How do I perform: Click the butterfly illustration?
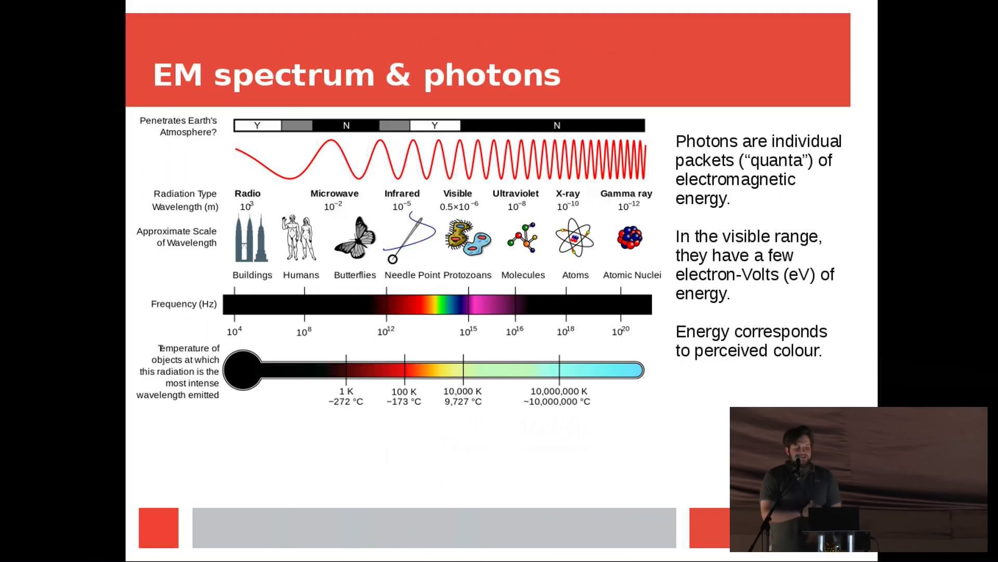tap(355, 238)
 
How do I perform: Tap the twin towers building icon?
tap(252, 238)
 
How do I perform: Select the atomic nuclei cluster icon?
tap(630, 238)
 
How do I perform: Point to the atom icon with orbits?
tap(574, 238)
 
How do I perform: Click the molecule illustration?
tap(523, 238)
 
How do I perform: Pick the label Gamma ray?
tap(626, 194)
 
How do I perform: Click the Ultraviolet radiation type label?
tap(516, 194)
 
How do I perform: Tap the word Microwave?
tap(334, 194)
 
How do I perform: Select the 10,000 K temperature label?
tap(463, 391)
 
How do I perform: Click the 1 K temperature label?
tap(346, 391)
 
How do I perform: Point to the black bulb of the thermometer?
tap(243, 370)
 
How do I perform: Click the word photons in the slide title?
tap(492, 76)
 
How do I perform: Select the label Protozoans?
tap(467, 275)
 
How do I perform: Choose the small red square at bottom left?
tap(159, 528)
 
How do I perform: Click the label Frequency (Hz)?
tap(184, 304)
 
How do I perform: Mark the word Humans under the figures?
tap(301, 275)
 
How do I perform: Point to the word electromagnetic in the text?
tap(736, 180)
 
